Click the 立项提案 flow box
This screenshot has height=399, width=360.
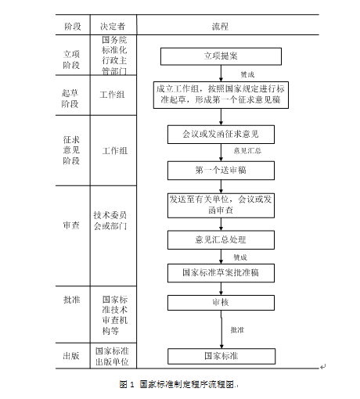[220, 56]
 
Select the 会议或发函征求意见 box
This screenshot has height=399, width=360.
[220, 134]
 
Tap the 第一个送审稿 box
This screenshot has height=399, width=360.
[220, 170]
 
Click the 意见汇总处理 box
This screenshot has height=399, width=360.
[220, 239]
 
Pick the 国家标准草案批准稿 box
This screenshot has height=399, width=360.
[220, 273]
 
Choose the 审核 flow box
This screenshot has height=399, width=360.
[220, 302]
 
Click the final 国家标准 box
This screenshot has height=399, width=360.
[220, 357]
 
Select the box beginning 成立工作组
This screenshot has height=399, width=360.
[220, 95]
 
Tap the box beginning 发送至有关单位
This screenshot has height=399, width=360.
[220, 204]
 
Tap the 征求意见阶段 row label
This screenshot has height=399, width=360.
[72, 150]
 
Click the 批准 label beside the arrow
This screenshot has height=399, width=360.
[236, 330]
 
